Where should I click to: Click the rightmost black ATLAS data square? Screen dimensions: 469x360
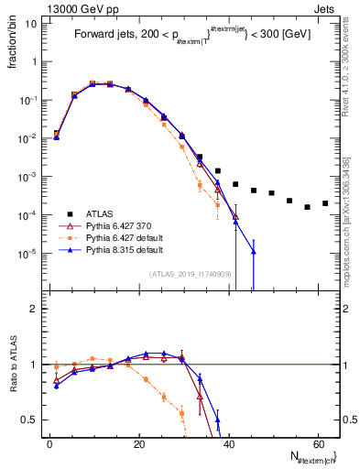point(325,203)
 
